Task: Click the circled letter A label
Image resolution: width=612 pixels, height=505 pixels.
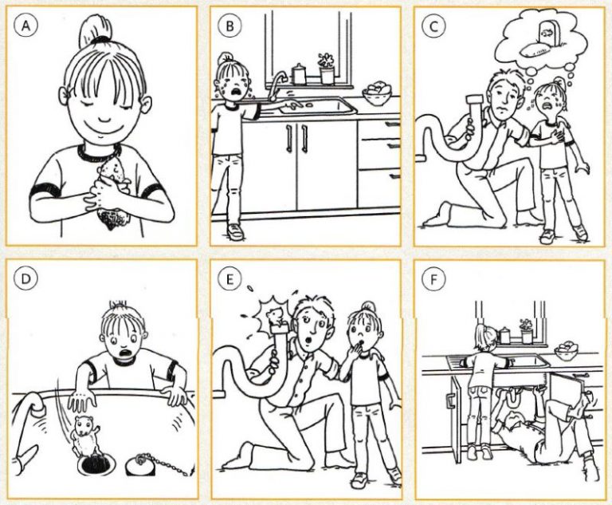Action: [25, 26]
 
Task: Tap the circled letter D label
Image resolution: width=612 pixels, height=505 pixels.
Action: [25, 278]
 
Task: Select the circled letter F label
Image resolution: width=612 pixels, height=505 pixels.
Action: [433, 279]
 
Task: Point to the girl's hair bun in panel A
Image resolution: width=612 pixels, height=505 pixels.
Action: [95, 30]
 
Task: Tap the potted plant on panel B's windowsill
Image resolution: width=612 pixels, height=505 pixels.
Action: [327, 69]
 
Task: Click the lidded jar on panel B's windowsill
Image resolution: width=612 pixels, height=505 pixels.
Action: [299, 74]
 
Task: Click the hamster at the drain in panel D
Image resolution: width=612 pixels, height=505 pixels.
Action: [86, 435]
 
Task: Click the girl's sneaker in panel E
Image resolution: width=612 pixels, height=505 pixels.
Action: [360, 480]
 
